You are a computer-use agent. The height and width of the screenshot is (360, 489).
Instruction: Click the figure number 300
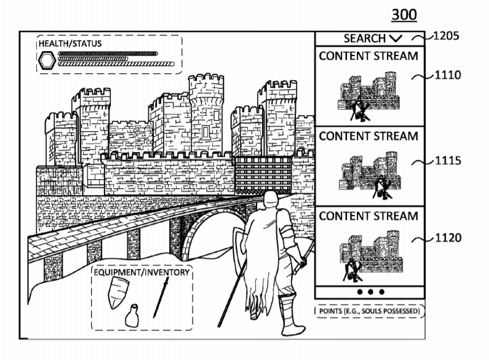pos(404,15)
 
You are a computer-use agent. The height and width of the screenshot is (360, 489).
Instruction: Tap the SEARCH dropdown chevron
pos(396,39)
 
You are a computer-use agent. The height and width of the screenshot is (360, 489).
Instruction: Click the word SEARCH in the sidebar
pos(365,38)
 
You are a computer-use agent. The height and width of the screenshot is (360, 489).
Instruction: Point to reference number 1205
pos(447,36)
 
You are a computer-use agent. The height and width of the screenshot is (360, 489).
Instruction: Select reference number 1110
pos(448,75)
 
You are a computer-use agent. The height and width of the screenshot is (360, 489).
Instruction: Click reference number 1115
pos(448,161)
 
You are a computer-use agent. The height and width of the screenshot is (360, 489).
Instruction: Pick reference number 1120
pos(448,238)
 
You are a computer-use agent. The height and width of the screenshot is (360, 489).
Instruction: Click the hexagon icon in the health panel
pos(47,60)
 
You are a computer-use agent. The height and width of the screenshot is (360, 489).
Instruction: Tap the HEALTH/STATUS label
pos(70,43)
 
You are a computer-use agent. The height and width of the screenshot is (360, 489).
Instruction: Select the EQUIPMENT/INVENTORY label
pos(141,273)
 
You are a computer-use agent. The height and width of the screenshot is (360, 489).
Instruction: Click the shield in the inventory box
pos(117,292)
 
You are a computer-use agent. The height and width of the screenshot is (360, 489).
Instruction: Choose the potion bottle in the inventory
pos(132,316)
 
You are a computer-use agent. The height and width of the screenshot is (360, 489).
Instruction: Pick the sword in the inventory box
pos(161,298)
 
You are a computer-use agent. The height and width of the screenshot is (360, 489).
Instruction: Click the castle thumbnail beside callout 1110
pos(369,96)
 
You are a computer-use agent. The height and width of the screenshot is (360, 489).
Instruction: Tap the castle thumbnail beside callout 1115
pos(370,175)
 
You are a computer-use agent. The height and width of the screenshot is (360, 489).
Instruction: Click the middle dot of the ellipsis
pos(370,292)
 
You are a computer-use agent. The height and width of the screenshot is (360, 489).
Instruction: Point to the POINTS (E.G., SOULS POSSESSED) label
pos(370,311)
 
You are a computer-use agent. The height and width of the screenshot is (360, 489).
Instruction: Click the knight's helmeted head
pos(270,200)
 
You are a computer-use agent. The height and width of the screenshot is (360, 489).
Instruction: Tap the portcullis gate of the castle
pos(263,175)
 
